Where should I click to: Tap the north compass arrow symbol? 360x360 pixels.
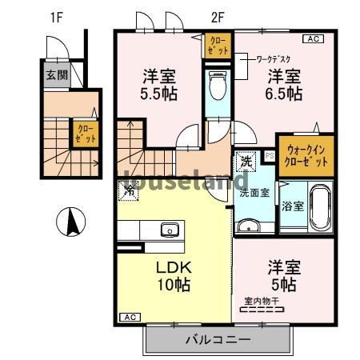click(x=73, y=221)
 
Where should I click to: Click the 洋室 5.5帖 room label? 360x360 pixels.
click(x=159, y=85)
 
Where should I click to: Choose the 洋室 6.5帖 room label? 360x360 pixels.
click(x=283, y=85)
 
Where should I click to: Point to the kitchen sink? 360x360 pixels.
click(x=169, y=230)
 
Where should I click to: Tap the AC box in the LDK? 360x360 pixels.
click(x=128, y=318)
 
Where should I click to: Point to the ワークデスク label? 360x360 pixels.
click(x=272, y=58)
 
